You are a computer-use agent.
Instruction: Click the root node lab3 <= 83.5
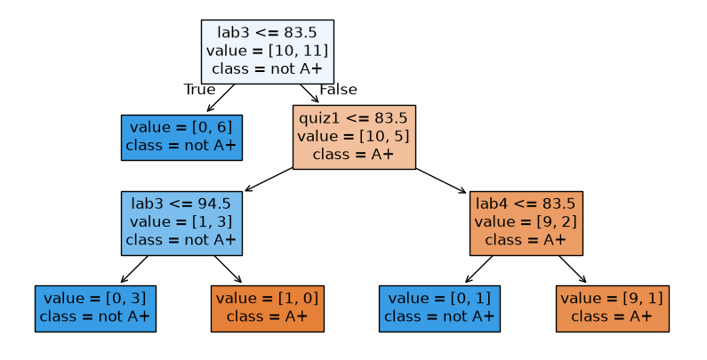(x=268, y=52)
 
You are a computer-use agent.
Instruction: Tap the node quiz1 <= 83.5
(x=354, y=137)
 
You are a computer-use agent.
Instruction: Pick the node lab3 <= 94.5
(x=181, y=223)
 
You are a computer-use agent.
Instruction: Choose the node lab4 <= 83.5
(x=526, y=223)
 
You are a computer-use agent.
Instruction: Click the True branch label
(x=200, y=89)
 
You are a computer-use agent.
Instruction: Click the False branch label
(x=338, y=89)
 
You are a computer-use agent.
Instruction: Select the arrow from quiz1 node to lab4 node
(x=440, y=180)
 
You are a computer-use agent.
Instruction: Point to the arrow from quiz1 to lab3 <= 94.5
(x=269, y=180)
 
